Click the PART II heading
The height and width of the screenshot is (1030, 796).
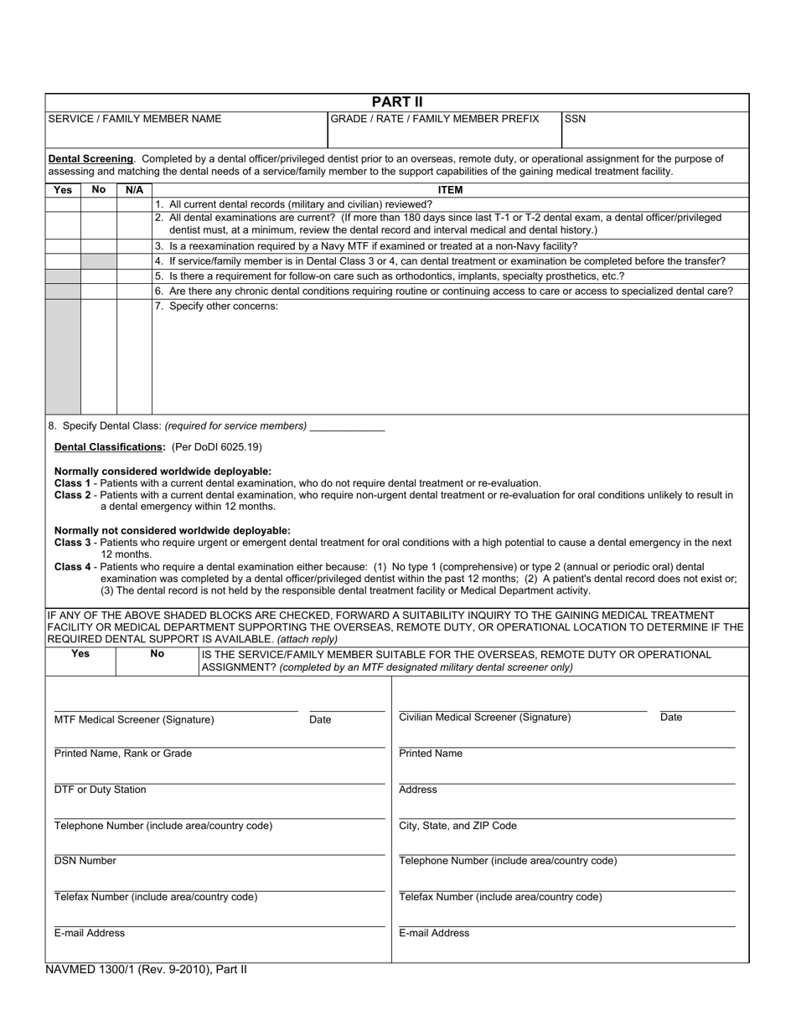tap(397, 102)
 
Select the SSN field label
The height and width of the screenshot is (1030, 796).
tap(575, 119)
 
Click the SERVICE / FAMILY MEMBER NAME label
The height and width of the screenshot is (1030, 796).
tap(135, 119)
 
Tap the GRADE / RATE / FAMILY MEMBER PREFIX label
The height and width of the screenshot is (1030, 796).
tap(435, 119)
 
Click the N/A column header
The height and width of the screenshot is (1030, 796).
tap(134, 190)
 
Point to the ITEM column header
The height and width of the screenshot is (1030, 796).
tap(450, 190)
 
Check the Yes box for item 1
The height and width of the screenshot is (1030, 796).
tap(63, 204)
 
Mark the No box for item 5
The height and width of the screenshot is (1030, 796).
tap(99, 276)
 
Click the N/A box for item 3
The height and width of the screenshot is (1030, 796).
tap(134, 246)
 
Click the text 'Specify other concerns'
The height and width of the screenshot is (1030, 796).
tap(223, 306)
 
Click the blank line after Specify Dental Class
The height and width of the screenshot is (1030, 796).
tap(347, 427)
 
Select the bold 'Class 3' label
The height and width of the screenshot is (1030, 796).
tap(73, 543)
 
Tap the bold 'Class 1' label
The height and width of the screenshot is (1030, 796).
tap(73, 483)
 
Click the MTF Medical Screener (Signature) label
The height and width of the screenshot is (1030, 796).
tap(134, 719)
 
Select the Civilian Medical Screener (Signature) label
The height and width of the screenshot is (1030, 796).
tap(484, 717)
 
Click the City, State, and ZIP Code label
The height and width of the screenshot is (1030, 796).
tap(457, 826)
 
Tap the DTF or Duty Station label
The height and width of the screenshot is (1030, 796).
tap(100, 790)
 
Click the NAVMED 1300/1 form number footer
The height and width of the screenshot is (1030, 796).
tap(146, 970)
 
